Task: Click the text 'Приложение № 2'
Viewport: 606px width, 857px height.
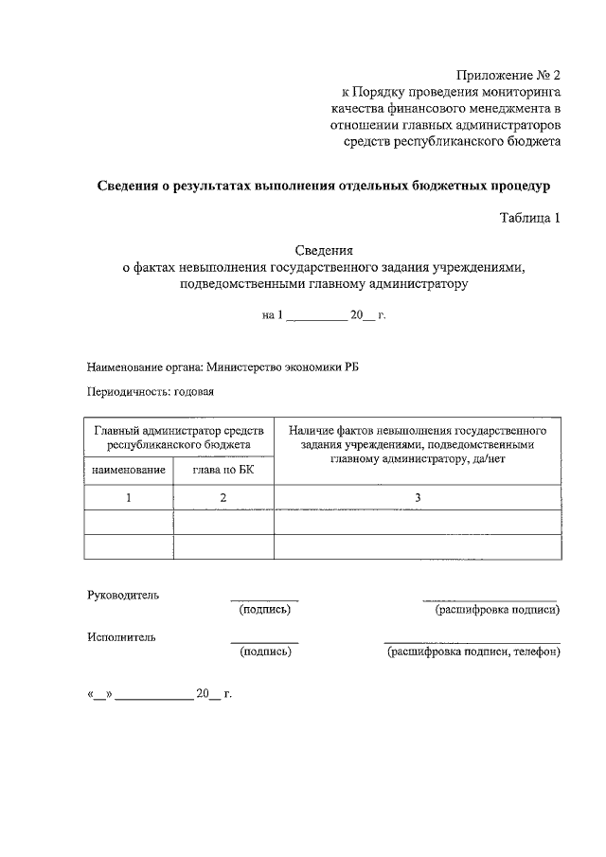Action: (x=508, y=75)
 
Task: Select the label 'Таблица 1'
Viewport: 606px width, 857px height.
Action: (x=530, y=218)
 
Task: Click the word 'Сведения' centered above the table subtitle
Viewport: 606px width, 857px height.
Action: (x=324, y=252)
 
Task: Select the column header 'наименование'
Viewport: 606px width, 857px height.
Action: (x=128, y=470)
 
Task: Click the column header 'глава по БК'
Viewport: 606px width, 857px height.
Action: (x=223, y=470)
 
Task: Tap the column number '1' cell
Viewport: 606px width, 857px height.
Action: (x=128, y=497)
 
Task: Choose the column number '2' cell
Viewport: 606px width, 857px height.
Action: (x=223, y=497)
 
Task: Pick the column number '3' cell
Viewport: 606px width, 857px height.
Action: (x=417, y=497)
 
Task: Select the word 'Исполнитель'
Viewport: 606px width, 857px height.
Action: (x=121, y=637)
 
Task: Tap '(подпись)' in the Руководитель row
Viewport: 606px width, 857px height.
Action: (x=264, y=609)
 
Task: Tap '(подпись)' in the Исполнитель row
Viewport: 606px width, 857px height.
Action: (x=264, y=652)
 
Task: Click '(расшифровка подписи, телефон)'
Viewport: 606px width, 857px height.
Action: (x=472, y=652)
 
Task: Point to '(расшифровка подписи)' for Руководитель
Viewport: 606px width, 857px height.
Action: (x=496, y=609)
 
